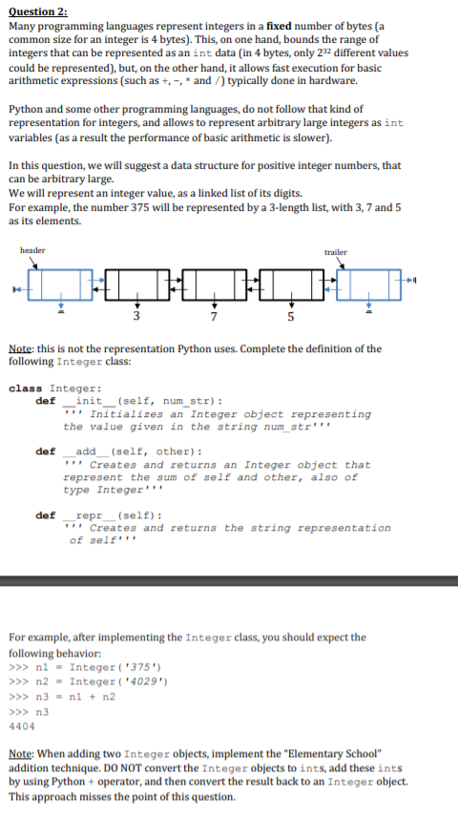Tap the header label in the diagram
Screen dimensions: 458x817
click(x=31, y=251)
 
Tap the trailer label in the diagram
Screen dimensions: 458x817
click(x=336, y=252)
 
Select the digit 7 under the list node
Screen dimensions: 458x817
click(x=214, y=316)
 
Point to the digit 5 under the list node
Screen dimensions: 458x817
click(x=291, y=316)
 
